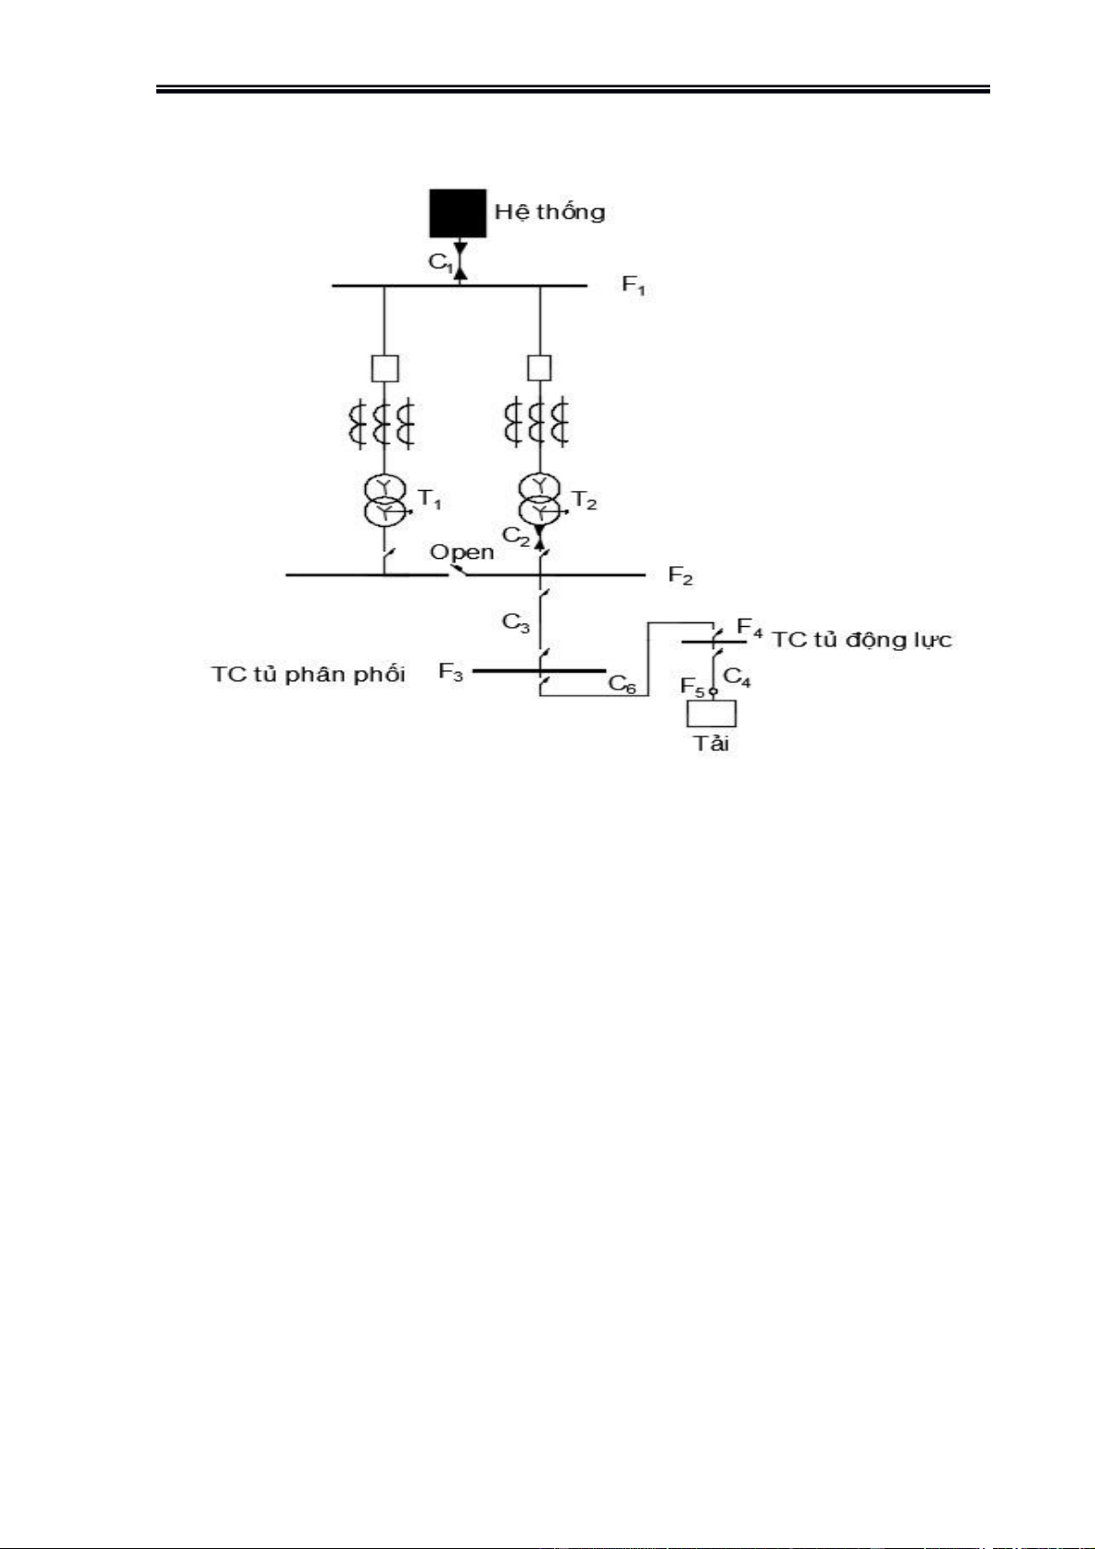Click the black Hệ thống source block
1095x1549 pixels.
458,213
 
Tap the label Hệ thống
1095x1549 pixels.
550,212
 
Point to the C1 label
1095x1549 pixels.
440,262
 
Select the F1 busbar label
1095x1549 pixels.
634,285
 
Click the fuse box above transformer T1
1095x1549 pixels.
384,369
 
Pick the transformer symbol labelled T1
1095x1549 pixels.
385,500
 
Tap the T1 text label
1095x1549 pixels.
429,500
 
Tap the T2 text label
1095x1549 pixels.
585,500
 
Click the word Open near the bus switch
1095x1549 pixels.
462,552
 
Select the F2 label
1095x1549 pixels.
680,577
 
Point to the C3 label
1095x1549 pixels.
516,623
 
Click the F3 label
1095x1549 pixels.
451,672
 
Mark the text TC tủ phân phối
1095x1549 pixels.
308,674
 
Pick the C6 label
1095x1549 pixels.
622,684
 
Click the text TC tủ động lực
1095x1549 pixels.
861,640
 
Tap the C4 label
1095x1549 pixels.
737,678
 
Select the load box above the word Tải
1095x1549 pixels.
713,713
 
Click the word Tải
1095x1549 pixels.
711,744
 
